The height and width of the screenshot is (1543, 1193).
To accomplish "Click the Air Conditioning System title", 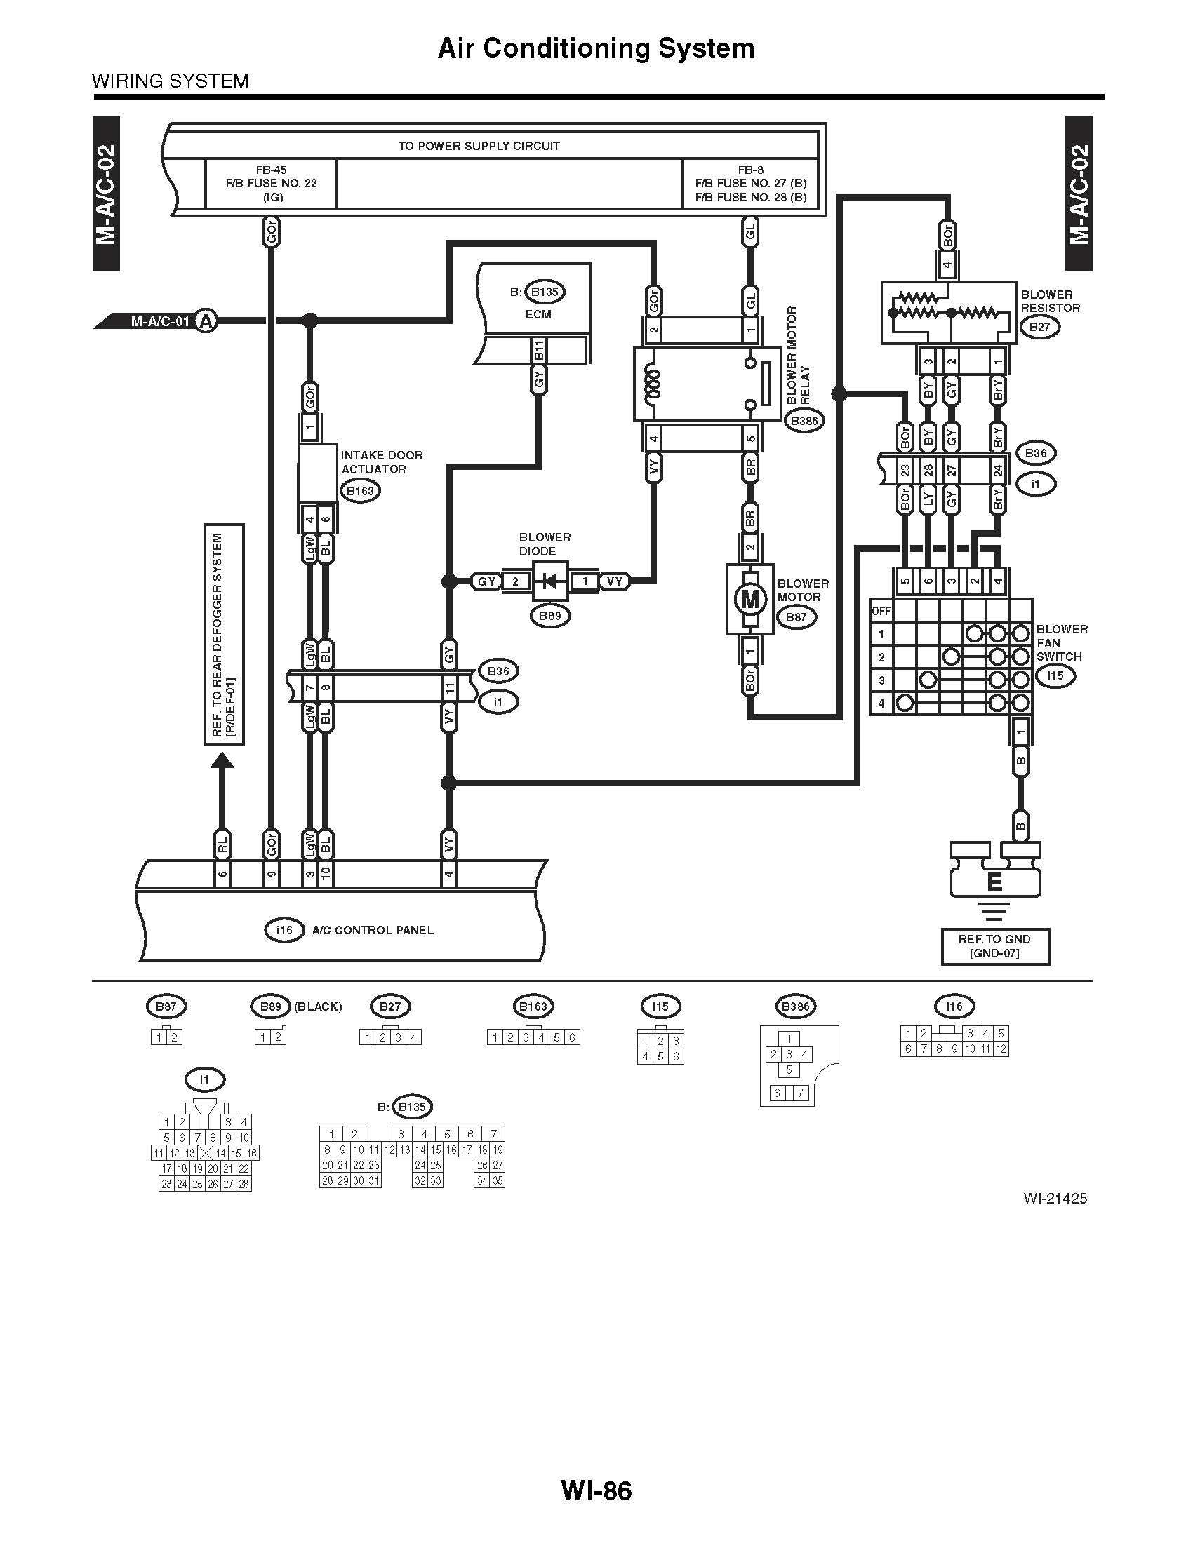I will click(596, 48).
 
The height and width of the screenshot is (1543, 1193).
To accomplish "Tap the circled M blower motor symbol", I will click(750, 599).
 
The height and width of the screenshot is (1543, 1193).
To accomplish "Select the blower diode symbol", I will click(549, 581).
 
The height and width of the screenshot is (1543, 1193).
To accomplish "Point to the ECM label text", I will click(538, 314).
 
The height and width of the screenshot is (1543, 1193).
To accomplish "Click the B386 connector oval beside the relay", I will click(804, 421).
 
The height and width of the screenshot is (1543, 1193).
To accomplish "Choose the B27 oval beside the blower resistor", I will click(1039, 327).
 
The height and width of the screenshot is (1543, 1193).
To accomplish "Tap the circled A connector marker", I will click(206, 321).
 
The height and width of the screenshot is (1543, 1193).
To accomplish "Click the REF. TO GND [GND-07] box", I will click(994, 946).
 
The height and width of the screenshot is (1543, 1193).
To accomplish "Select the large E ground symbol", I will click(994, 882).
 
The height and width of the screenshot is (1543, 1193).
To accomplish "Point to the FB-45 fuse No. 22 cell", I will click(272, 184).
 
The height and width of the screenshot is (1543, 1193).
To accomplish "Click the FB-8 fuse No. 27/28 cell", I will click(751, 184).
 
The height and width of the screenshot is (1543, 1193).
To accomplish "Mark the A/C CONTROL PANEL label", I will click(373, 931).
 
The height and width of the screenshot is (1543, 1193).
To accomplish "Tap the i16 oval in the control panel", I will click(284, 931).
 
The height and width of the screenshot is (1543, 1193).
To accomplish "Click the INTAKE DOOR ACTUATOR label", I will click(382, 462).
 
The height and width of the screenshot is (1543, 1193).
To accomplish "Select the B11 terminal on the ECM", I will click(538, 351).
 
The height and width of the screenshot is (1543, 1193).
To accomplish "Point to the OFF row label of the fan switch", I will click(881, 610).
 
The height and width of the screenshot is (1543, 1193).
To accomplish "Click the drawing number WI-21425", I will click(1054, 1198).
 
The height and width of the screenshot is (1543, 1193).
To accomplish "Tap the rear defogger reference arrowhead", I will click(222, 760).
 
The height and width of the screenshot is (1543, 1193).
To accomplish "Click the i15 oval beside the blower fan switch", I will click(1055, 675).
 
